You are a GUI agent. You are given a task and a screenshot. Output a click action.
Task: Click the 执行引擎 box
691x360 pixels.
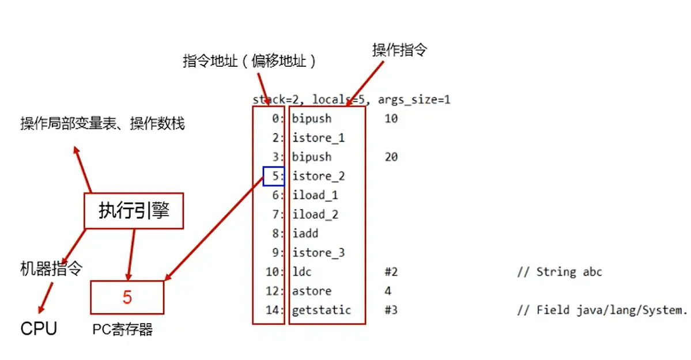[134, 211]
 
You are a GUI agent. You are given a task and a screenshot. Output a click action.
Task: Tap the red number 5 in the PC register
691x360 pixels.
[127, 297]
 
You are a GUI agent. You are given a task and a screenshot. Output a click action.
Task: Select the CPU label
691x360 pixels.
[39, 329]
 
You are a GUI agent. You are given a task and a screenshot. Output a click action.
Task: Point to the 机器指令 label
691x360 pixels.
[51, 268]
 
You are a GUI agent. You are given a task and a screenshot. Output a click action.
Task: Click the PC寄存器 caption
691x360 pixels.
[123, 329]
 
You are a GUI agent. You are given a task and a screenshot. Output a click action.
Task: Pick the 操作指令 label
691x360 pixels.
[399, 50]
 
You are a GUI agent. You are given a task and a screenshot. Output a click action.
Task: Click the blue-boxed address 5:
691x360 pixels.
[274, 176]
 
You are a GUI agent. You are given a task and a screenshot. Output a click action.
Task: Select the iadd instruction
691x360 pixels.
[305, 233]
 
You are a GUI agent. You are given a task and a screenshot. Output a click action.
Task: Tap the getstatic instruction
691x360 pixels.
[321, 310]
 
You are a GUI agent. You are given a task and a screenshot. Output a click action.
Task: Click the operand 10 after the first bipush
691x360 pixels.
[391, 119]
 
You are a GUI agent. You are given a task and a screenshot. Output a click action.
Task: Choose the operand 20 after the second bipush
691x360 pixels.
[391, 157]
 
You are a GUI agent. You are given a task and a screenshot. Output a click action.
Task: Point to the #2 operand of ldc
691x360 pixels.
[391, 272]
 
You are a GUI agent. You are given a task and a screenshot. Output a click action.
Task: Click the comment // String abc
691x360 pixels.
[560, 272]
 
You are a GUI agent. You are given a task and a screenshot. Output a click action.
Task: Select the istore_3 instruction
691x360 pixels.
[318, 252]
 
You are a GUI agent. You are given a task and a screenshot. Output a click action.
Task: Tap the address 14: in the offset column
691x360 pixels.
[274, 310]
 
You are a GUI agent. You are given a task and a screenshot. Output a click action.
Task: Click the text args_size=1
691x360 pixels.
[414, 100]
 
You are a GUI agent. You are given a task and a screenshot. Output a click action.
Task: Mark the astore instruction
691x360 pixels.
[312, 291]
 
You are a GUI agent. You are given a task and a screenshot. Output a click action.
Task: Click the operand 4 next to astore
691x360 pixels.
[388, 291]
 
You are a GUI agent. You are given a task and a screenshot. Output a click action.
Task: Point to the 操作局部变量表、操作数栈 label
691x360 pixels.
[102, 123]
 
